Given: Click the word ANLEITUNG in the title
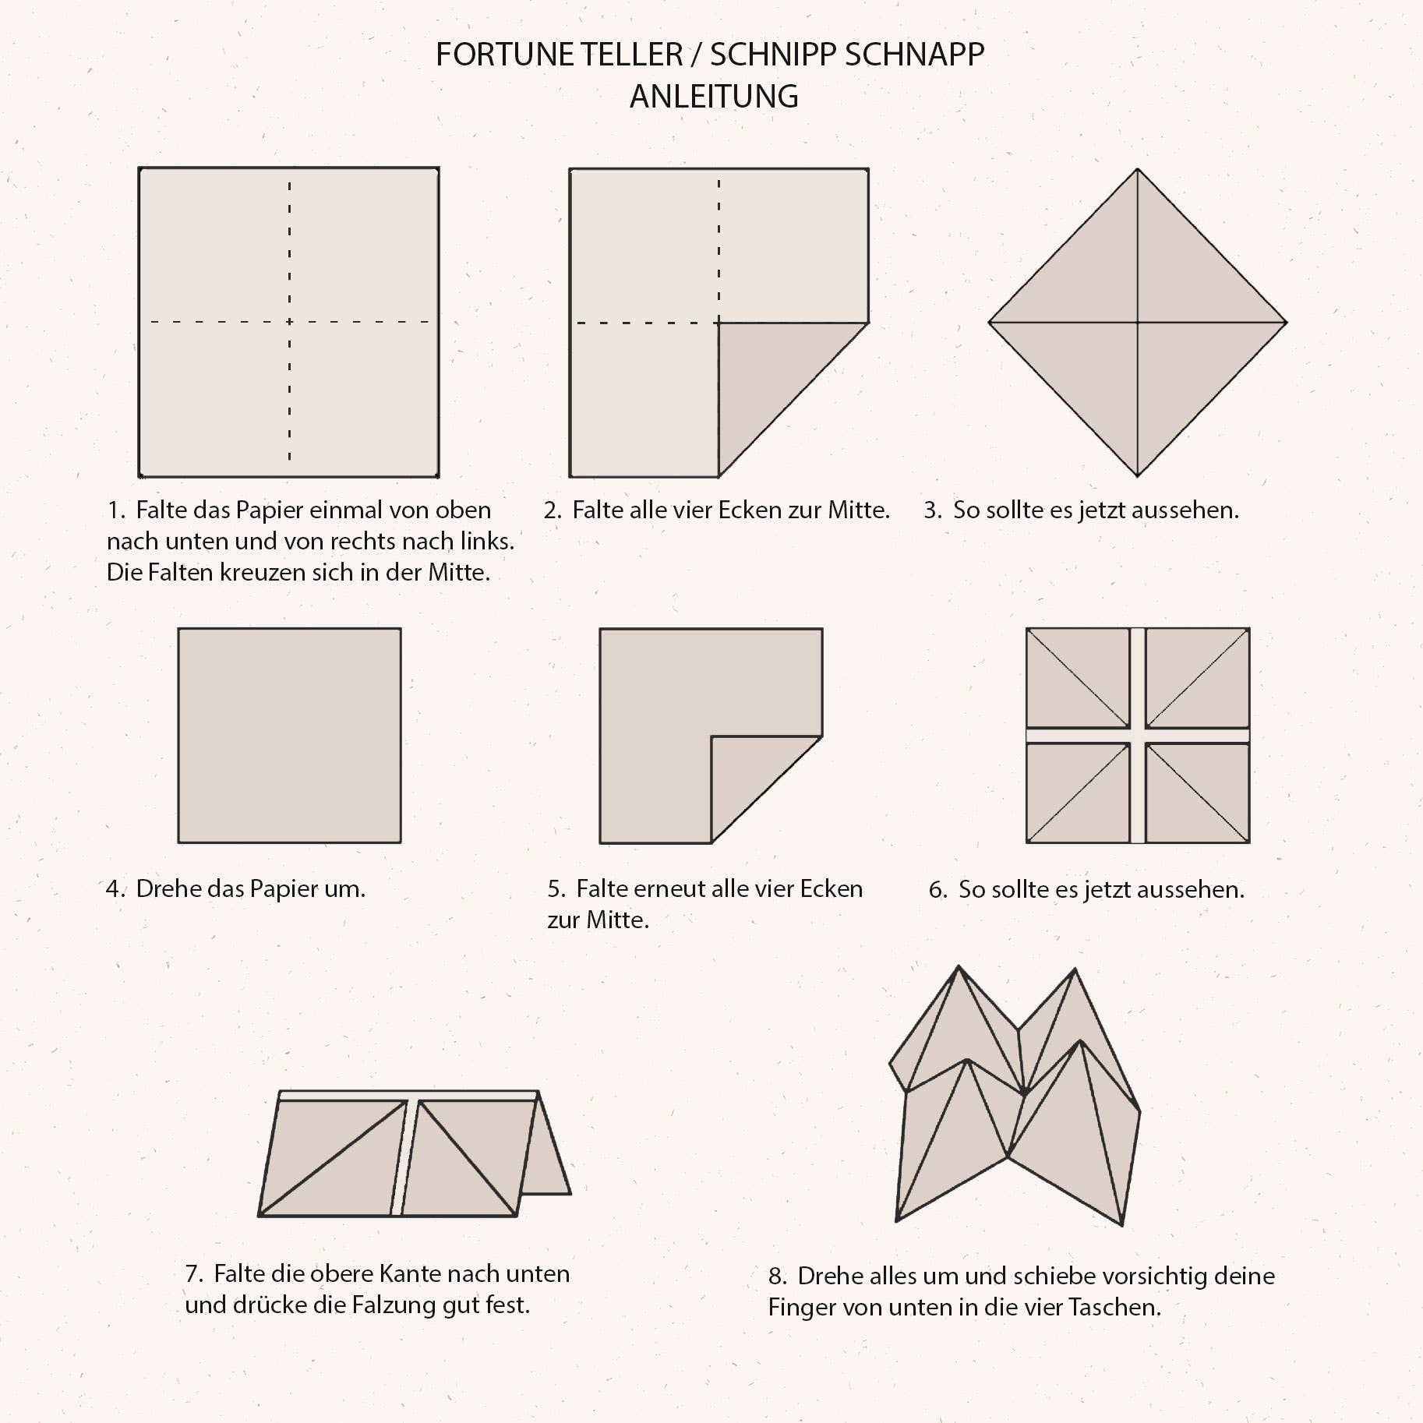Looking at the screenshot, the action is point(714,97).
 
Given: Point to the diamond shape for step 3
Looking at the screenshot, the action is point(1137,322).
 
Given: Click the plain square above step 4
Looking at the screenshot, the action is point(289,735).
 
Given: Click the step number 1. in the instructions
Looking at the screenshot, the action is point(116,510).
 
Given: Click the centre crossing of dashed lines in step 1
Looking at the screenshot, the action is point(289,321).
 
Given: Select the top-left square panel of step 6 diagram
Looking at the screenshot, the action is point(1078,678).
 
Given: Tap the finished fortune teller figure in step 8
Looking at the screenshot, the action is point(1015,1096).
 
